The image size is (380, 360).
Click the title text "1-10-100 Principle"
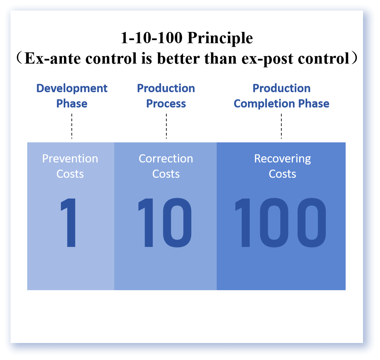coord(187,38)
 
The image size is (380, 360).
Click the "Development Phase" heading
coord(72,96)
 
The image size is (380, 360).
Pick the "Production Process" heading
coord(166,96)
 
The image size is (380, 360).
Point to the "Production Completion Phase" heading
coord(281,96)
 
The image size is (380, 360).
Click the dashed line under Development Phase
coord(72,126)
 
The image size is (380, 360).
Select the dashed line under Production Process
coord(166,126)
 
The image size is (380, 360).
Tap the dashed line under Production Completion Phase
coord(281,126)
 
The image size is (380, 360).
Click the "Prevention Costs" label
coord(70,166)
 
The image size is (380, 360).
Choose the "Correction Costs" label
coord(166,166)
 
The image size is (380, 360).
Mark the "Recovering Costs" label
coord(282,166)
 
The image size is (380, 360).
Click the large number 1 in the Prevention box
coord(68,223)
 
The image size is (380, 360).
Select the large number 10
coord(165,223)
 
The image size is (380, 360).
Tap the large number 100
coord(280,223)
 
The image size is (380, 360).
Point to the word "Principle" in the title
coord(220,38)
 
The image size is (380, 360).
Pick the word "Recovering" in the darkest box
coord(282,159)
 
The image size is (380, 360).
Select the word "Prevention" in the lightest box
coord(70,159)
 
